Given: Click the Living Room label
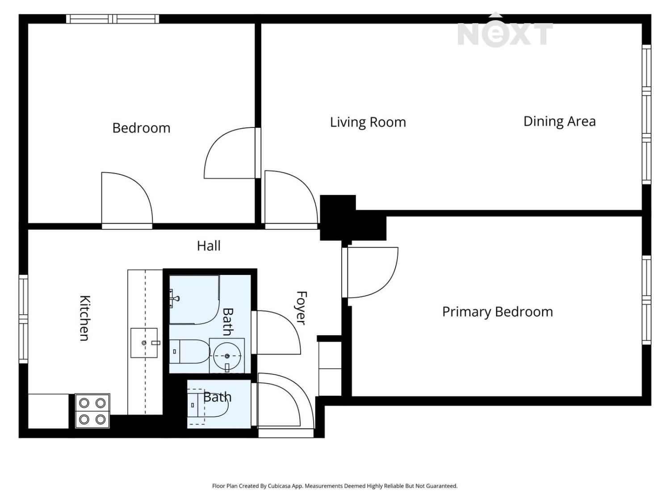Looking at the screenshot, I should tap(368, 122).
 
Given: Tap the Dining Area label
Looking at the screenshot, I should tap(559, 121).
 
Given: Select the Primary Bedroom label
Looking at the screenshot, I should tap(497, 312).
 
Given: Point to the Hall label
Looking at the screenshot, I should tap(209, 245).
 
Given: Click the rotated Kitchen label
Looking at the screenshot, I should tap(84, 318).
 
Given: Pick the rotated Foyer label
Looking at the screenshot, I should tap(301, 308).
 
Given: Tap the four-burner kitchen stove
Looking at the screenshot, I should tap(92, 411).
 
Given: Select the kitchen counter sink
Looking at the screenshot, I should tap(144, 343).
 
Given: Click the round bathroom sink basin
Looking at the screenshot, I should tap(227, 356).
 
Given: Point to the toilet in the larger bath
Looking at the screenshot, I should tap(189, 351).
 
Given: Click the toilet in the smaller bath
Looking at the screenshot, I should tap(208, 405).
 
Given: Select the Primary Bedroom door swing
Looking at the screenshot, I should tap(371, 272).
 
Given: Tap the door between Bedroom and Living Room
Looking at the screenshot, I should tap(230, 153).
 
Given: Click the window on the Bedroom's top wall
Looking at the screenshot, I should tap(113, 19).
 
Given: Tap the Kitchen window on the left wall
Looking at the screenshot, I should tap(23, 319).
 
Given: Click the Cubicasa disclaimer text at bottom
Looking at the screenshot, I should tap(335, 486).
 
